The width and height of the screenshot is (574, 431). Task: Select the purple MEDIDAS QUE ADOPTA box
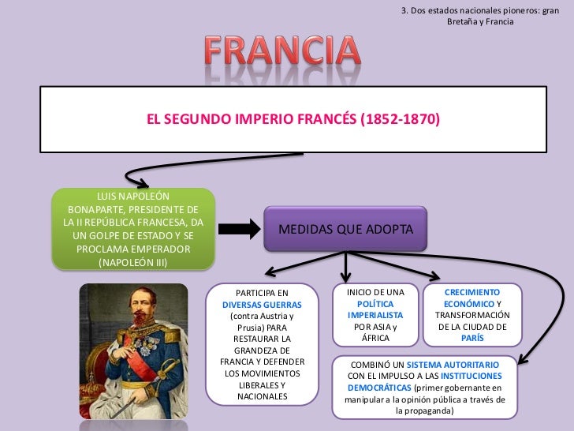coord(345,229)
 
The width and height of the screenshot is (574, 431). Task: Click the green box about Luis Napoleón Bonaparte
coord(133,228)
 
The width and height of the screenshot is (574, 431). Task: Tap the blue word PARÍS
coord(472,338)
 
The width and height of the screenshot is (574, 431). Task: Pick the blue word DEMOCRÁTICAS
coord(379,388)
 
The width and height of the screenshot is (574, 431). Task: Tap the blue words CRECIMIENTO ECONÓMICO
coord(472,298)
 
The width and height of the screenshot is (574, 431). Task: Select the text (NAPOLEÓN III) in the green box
coord(133,262)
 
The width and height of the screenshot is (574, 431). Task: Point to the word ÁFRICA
coord(375,338)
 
